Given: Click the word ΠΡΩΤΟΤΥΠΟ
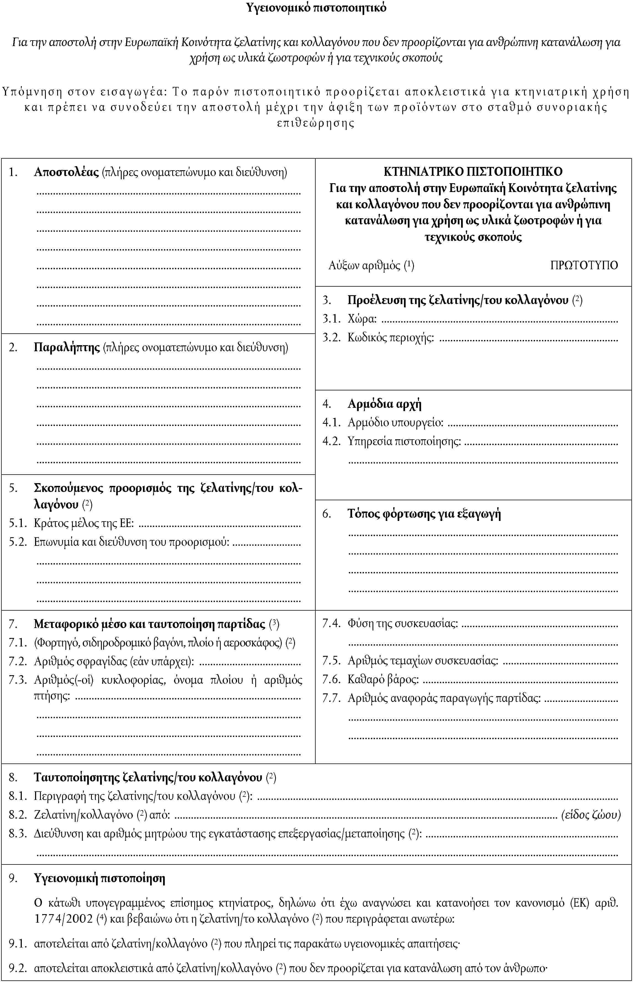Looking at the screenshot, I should click(x=584, y=265).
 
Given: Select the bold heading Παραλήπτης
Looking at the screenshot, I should click(x=67, y=347).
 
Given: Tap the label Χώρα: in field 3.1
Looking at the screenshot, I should click(x=362, y=319).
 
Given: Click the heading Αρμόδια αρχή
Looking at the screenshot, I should click(x=384, y=404).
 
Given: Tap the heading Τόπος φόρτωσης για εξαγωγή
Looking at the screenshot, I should click(x=424, y=513).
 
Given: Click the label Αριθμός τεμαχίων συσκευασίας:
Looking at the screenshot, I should click(x=422, y=660).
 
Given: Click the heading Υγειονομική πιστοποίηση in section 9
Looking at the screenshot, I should click(x=99, y=879).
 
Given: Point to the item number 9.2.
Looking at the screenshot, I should click(x=18, y=968).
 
